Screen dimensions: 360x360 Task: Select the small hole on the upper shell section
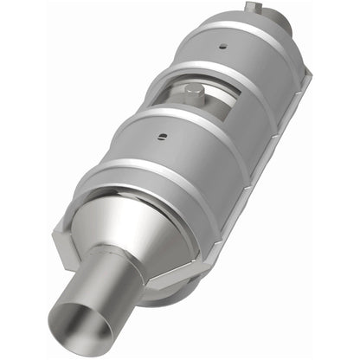tap(224, 48)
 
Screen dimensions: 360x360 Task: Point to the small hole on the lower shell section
tap(162, 135)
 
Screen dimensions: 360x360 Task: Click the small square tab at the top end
tap(252, 8)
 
